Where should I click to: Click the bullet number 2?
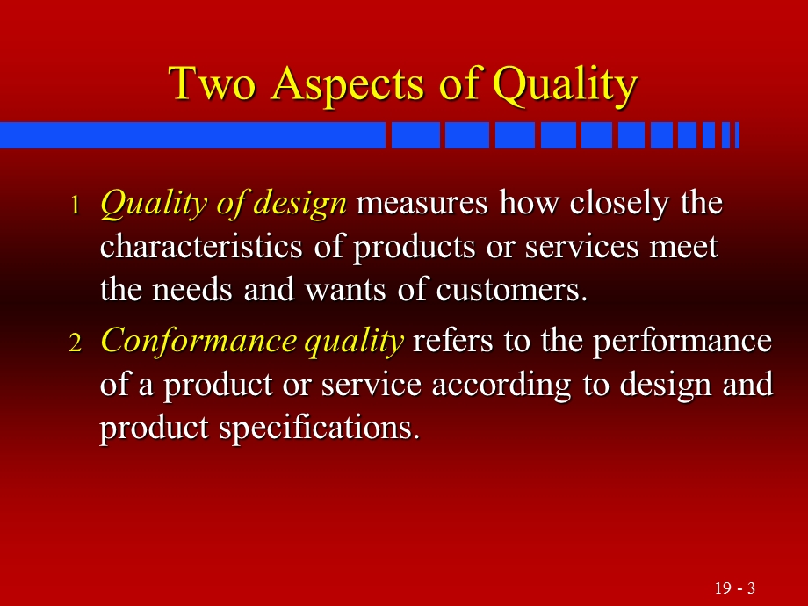tap(75, 343)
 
